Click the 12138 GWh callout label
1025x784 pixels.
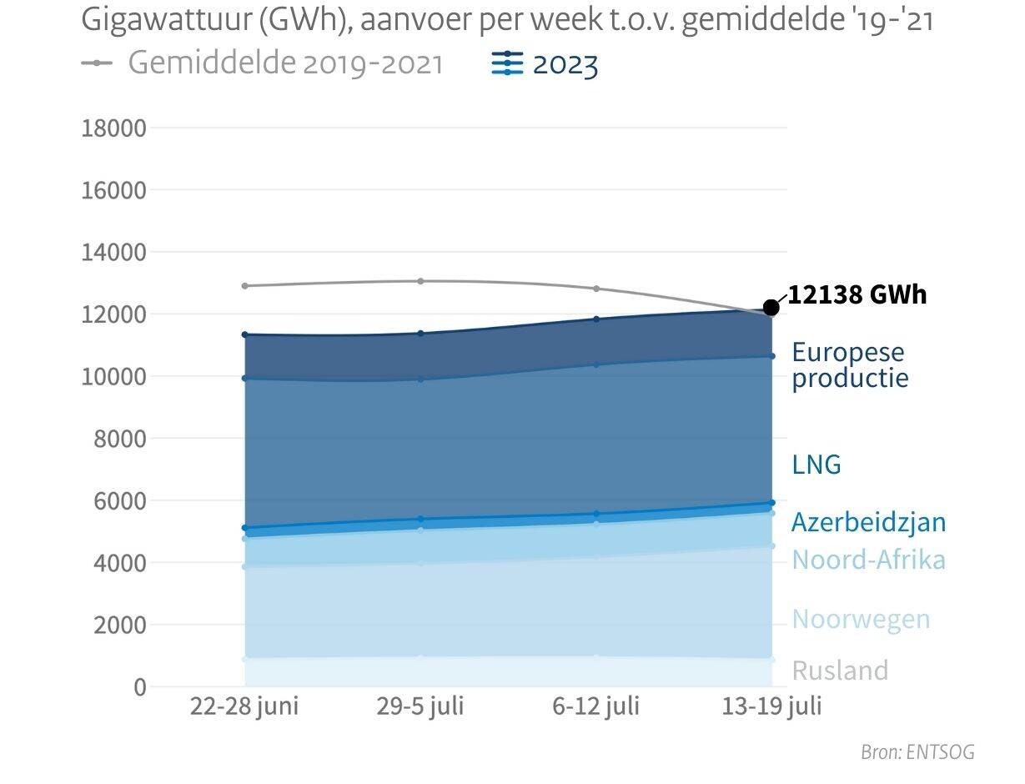[857, 295]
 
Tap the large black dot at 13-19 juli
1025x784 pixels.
[771, 308]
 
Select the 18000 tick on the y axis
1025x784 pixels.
[113, 128]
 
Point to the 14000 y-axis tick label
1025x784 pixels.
[113, 252]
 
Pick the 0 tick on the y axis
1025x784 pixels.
[138, 687]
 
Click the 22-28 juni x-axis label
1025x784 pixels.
[244, 706]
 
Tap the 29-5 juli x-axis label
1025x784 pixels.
[420, 706]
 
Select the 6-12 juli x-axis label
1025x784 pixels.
[595, 706]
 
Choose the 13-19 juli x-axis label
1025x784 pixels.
[771, 706]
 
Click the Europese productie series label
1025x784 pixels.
[849, 364]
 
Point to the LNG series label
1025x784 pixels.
[816, 465]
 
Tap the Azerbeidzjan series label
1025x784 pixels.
[868, 522]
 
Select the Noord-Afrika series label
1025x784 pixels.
[868, 559]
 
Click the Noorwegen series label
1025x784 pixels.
[861, 620]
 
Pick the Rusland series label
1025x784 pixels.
[840, 671]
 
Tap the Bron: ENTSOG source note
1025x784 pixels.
[917, 752]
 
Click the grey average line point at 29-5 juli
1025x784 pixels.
[420, 281]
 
